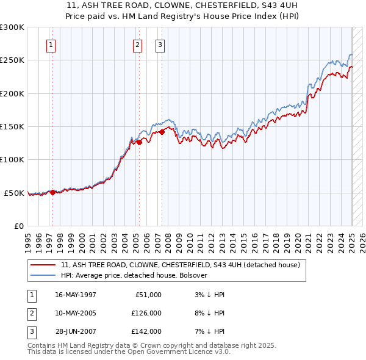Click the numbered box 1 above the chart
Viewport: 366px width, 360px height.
51,44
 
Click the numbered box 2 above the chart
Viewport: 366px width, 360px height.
138,44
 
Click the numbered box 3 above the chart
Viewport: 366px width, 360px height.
160,44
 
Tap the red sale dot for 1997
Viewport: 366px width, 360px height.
52,192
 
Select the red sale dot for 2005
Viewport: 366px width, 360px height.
140,142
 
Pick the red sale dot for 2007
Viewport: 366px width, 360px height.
162,132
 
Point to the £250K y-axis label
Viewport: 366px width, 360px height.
12,60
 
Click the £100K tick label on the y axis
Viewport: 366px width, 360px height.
12,159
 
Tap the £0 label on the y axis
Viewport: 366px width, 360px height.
18,226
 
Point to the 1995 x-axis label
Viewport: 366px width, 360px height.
27,239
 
